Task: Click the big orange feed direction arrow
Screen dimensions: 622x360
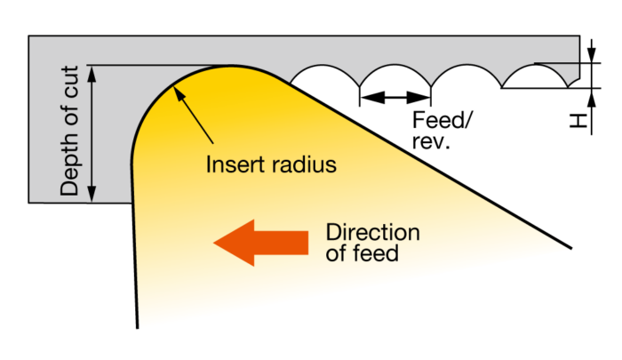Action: point(260,243)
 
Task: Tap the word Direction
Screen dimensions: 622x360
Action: point(372,232)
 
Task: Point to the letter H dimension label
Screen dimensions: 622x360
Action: point(578,121)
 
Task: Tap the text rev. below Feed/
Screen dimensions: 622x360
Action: point(431,141)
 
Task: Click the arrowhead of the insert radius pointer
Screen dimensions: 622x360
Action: point(179,93)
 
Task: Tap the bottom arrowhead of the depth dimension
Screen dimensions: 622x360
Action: point(92,194)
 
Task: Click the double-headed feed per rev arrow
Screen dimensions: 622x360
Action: point(395,97)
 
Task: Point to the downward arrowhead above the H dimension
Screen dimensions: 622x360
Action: point(592,55)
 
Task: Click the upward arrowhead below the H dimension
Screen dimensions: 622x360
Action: point(592,98)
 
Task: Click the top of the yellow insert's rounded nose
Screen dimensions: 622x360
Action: point(231,66)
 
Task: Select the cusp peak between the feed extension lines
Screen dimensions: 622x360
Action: point(395,65)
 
